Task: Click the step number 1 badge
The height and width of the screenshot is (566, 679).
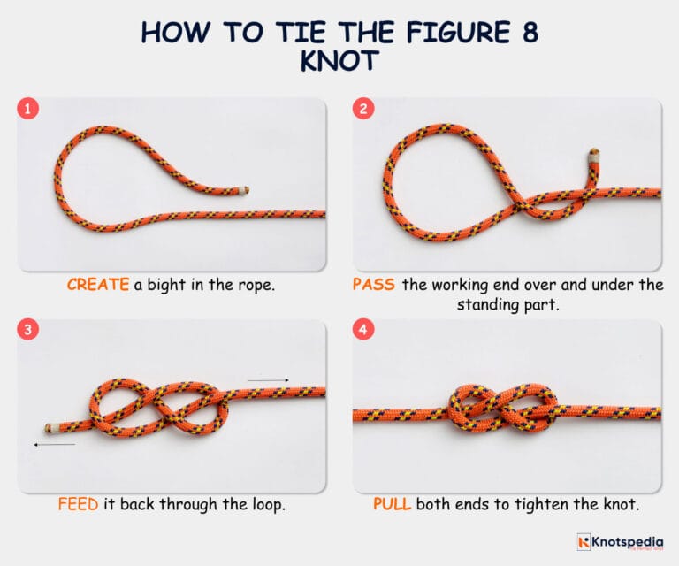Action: pyautogui.click(x=29, y=111)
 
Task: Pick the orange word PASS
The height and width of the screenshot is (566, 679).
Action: pyautogui.click(x=373, y=285)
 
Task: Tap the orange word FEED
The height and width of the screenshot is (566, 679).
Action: pyautogui.click(x=77, y=506)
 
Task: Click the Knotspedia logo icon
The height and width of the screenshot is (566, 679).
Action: pyautogui.click(x=584, y=541)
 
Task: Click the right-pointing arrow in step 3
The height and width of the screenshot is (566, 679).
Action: pyautogui.click(x=268, y=380)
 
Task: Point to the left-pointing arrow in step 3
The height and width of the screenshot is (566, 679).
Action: pyautogui.click(x=54, y=444)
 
